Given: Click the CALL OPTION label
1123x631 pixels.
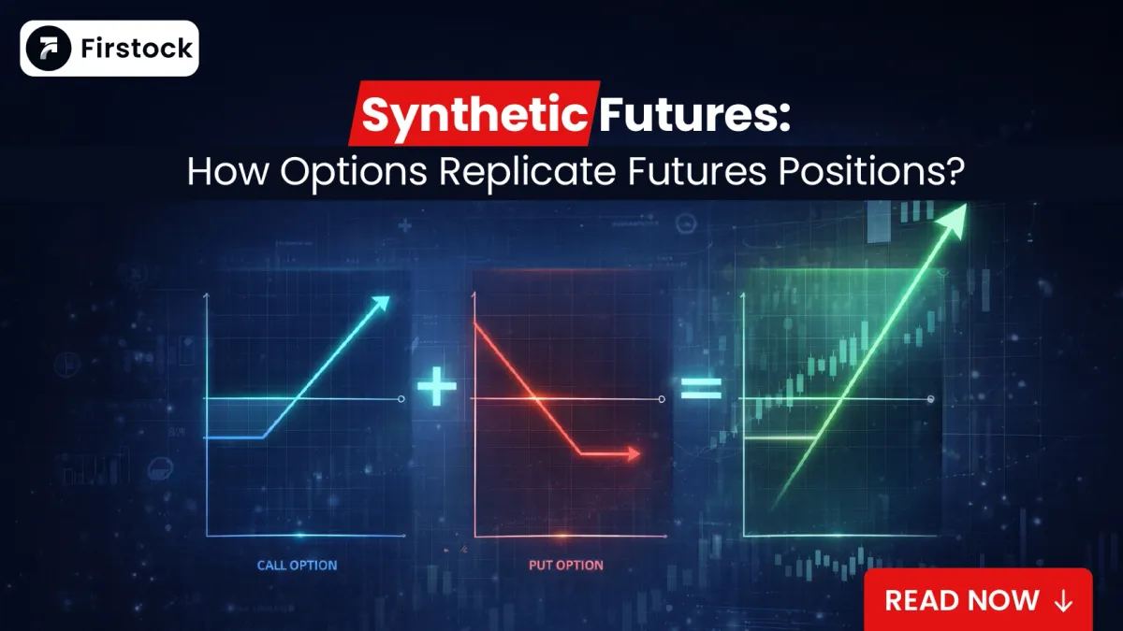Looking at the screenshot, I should (297, 565).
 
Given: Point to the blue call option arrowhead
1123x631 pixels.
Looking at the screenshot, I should (380, 303).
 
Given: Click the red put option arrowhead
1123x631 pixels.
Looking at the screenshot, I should (633, 454).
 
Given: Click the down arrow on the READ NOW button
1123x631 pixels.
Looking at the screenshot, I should (1062, 600).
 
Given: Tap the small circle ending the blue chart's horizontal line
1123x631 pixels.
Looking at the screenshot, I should (401, 399).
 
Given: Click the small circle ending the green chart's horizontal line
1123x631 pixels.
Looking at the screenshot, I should (932, 399).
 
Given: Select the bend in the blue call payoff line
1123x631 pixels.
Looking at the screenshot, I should (265, 437).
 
